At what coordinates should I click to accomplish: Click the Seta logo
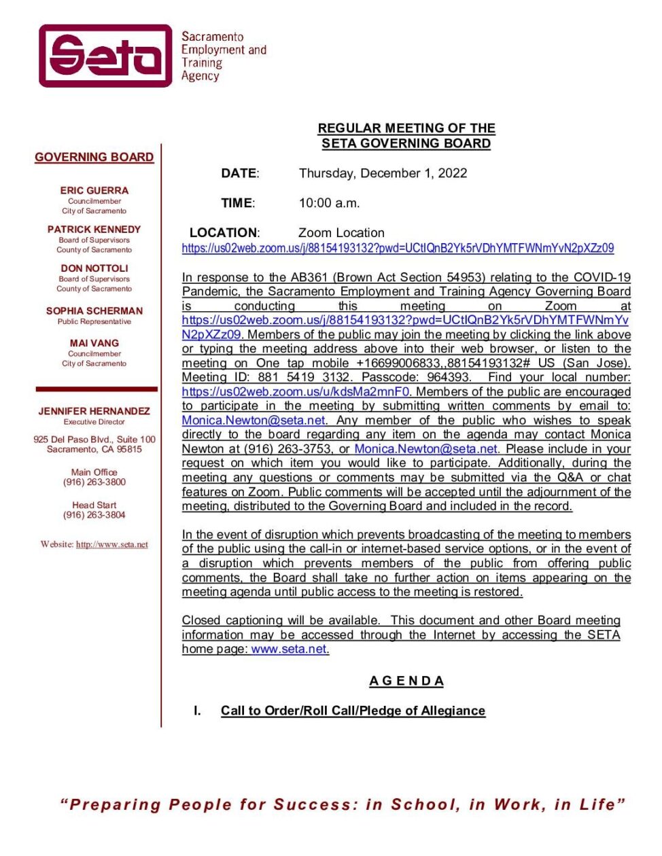(106, 56)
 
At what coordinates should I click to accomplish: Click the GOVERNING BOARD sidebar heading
(94, 157)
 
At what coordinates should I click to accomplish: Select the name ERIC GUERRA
(94, 191)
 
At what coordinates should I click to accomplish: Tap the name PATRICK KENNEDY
(94, 230)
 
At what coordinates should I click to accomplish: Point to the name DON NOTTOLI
(94, 268)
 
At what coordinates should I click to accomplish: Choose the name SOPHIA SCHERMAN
(94, 311)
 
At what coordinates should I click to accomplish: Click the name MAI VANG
(94, 343)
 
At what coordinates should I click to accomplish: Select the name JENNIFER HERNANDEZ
(94, 411)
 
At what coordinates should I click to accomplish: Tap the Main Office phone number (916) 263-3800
(94, 482)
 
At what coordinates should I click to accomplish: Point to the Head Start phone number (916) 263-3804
(94, 515)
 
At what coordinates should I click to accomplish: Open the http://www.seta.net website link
(111, 544)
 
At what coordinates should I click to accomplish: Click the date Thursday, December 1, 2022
(383, 173)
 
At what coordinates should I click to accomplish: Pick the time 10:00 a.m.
(330, 203)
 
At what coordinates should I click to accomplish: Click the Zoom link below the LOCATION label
(398, 249)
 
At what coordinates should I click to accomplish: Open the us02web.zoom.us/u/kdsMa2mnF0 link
(296, 392)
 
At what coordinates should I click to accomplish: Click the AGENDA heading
(406, 681)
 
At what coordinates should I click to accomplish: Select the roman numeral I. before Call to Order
(197, 711)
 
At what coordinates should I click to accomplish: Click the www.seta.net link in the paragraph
(289, 649)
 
